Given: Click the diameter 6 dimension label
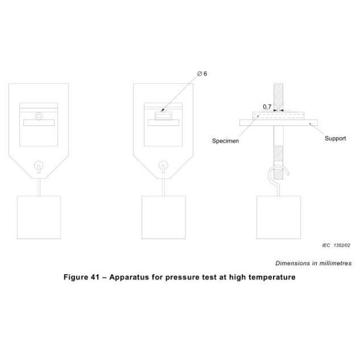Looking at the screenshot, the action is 202,74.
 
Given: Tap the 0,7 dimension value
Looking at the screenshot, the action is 267,107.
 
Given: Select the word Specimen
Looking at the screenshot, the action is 225,141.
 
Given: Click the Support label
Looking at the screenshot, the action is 335,139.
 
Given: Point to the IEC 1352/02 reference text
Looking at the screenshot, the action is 336,245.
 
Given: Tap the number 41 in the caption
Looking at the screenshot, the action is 95,277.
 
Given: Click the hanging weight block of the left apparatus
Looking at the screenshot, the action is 39,217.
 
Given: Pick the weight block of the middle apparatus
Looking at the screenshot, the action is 163,217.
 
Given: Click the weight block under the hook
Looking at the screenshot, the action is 278,217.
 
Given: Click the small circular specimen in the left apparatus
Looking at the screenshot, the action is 38,116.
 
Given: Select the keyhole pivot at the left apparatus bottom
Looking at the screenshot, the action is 39,166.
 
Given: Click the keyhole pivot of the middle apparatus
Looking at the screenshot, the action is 163,166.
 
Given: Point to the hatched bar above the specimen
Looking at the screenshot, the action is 278,97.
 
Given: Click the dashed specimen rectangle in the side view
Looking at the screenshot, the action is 278,115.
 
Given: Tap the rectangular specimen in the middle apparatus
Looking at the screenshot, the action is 163,116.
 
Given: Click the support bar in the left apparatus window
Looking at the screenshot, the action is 39,122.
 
